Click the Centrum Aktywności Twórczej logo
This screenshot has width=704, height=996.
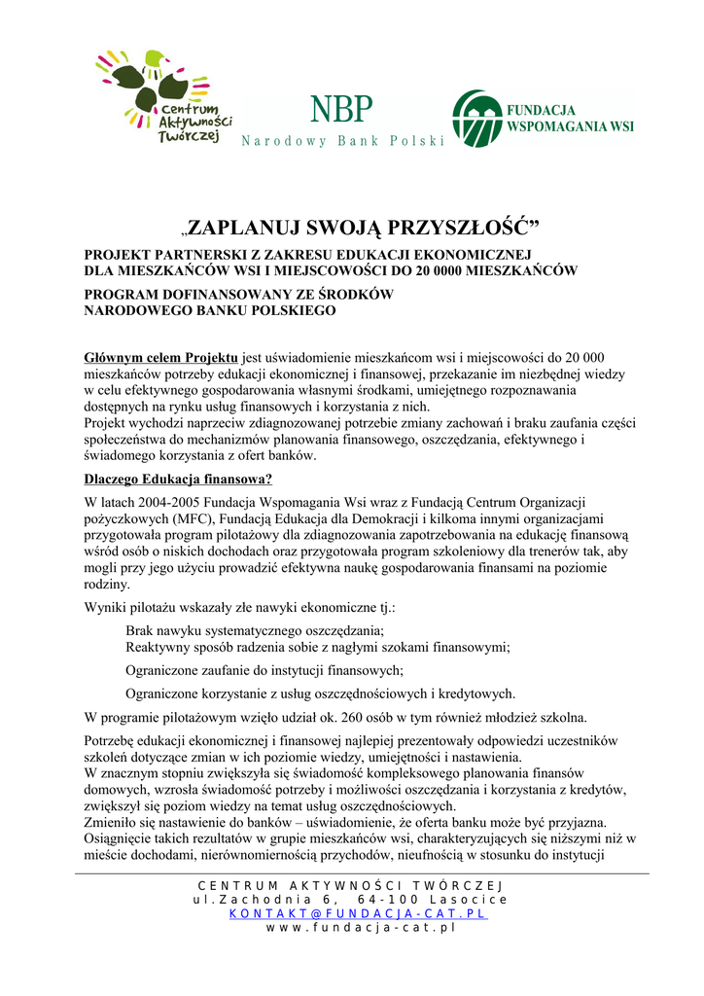click(160, 97)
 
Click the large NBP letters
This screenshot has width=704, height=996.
click(341, 110)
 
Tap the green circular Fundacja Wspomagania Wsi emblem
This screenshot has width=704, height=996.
click(476, 118)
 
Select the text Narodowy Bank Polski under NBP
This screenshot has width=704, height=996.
click(341, 142)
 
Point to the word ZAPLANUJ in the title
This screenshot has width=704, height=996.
click(242, 230)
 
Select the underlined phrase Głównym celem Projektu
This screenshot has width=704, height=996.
click(161, 358)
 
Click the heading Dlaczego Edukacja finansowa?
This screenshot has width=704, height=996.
click(178, 479)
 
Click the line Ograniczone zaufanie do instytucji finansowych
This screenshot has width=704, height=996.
click(264, 670)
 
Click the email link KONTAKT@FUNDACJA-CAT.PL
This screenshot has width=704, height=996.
click(359, 914)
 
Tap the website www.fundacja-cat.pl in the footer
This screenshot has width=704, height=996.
click(361, 929)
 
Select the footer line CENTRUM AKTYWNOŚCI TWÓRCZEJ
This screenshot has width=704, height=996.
click(351, 885)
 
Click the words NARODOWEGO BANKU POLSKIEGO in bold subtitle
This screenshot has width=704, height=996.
click(210, 311)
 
